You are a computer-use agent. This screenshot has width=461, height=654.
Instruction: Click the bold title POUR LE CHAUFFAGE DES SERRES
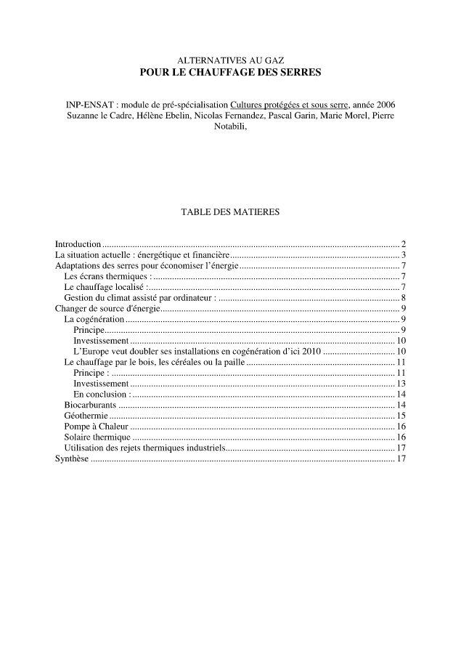pos(230,73)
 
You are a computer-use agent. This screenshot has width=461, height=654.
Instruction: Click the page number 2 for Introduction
pos(403,244)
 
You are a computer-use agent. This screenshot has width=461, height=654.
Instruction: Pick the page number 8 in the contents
pos(403,299)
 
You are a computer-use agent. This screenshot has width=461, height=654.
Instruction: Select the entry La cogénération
pos(94,319)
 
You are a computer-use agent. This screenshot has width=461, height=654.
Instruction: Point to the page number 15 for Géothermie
pos(401,415)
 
